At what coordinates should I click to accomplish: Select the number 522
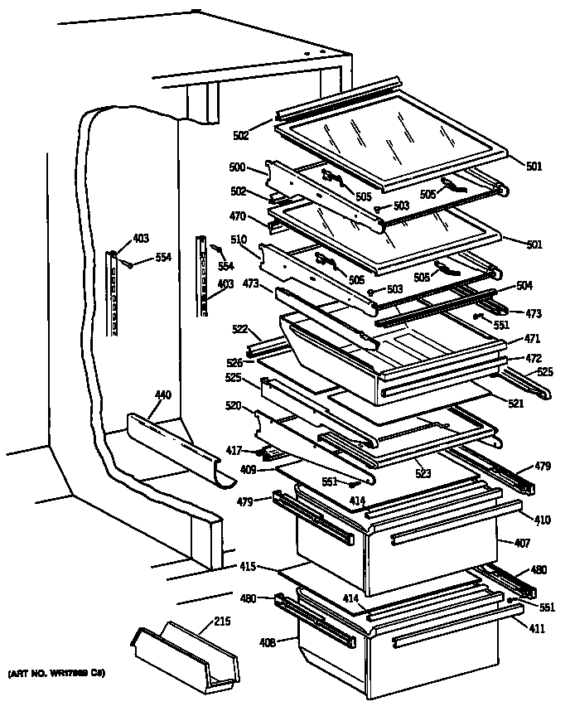(240, 329)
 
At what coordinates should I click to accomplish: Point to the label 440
(163, 395)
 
